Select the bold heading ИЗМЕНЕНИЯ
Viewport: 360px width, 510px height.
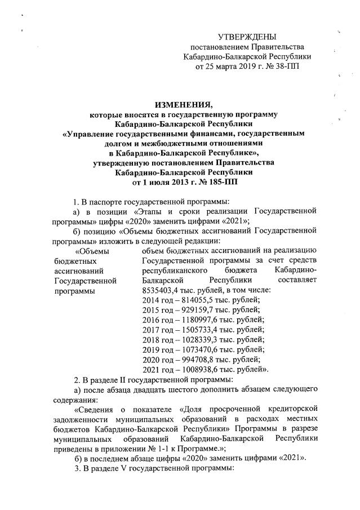180,104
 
